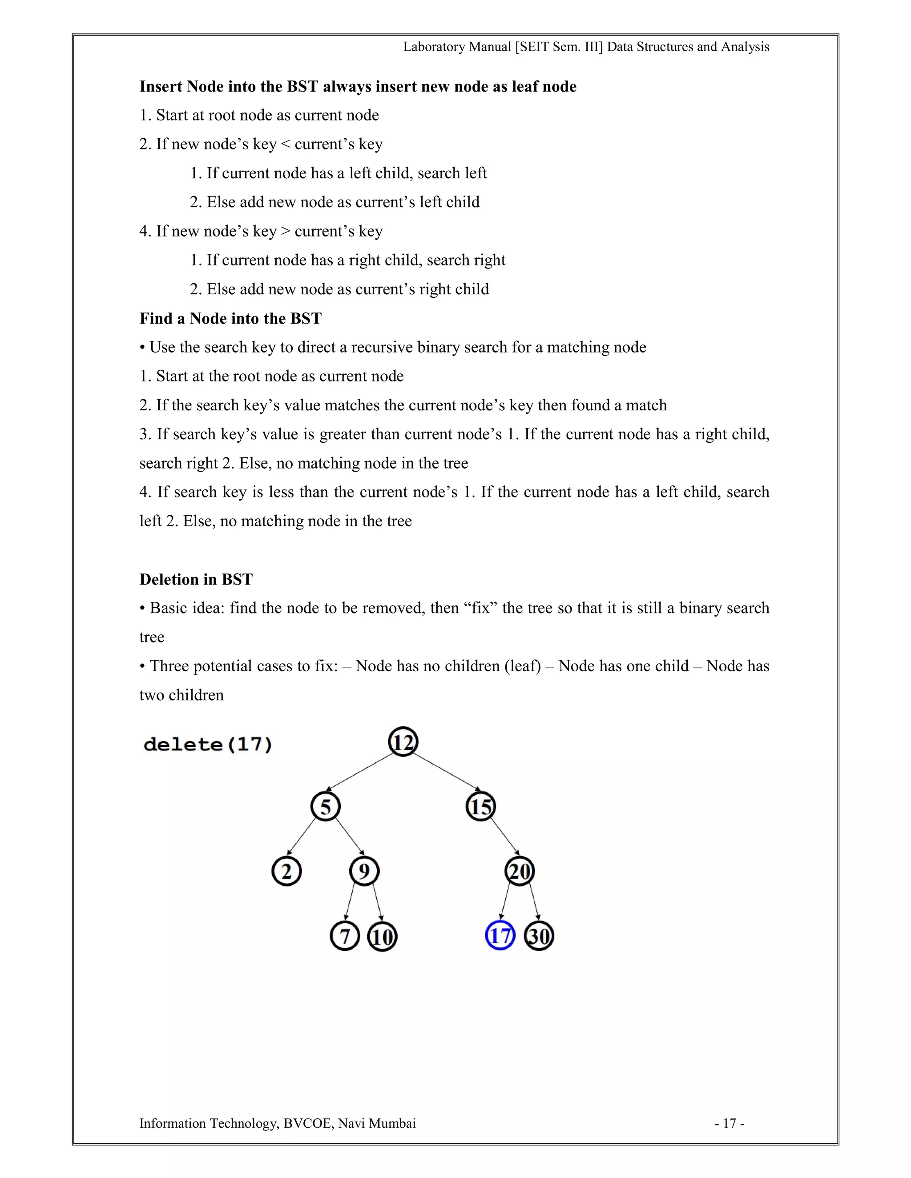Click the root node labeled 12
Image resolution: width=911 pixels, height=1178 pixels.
403,742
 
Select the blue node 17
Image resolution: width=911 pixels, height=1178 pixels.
500,936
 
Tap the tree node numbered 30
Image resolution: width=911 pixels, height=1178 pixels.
539,936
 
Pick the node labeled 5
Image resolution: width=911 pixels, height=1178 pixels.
326,807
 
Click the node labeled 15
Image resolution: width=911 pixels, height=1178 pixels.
480,807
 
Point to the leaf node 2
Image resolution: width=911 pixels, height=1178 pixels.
286,872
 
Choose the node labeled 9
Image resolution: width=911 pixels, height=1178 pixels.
364,872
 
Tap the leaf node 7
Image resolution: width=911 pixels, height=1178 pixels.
345,936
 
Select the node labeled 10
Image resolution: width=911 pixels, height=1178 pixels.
382,936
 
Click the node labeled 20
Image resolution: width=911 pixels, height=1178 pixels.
520,872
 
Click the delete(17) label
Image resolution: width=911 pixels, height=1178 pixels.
208,745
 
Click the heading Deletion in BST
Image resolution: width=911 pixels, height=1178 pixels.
196,579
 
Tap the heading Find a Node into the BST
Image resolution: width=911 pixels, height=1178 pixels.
230,318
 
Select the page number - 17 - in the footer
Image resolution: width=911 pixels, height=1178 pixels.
730,1123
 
